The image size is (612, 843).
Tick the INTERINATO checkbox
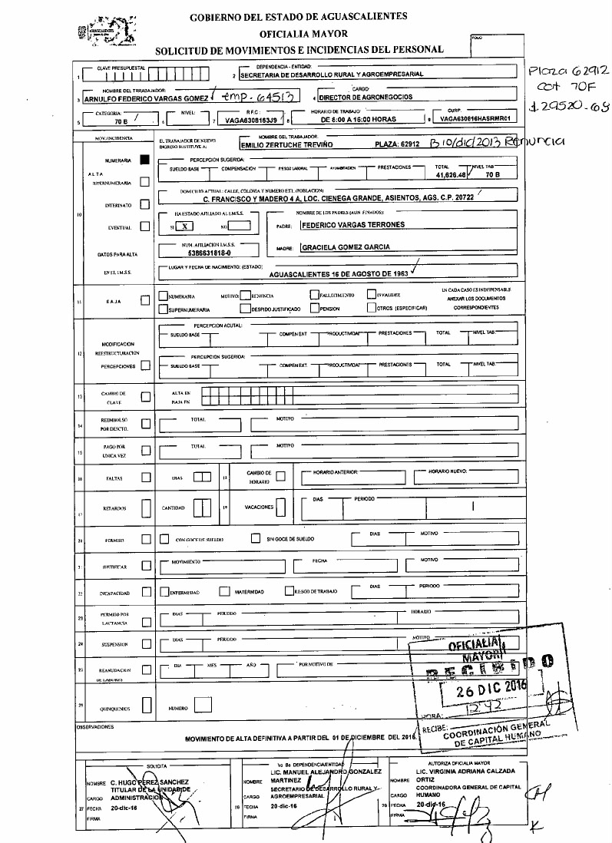pos(144,205)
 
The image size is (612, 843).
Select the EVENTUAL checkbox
pos(144,226)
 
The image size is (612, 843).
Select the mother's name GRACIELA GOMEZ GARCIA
pos(345,247)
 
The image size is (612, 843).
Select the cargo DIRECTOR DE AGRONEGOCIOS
pos(366,98)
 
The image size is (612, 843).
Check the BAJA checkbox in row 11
pos(144,301)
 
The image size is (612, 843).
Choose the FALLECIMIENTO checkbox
pos(314,294)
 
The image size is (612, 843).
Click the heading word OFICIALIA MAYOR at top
pos(303,34)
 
